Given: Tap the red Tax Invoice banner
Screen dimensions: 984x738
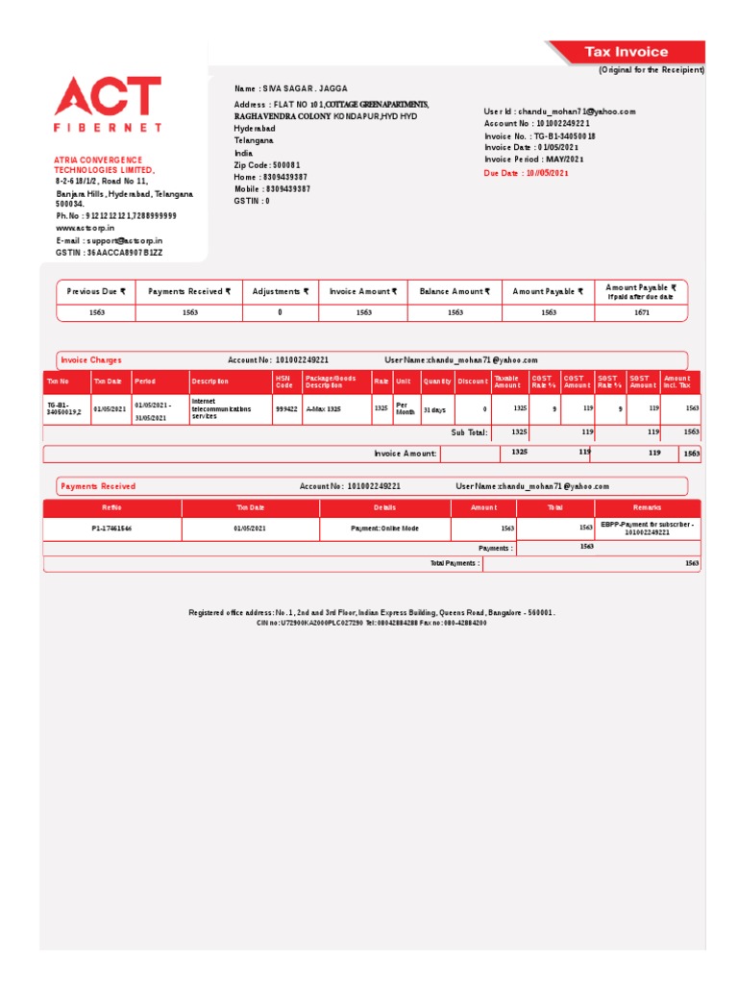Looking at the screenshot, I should click(x=627, y=52).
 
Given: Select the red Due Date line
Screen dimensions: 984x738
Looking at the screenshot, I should click(x=527, y=173).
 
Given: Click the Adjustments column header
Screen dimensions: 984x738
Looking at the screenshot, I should click(x=281, y=291).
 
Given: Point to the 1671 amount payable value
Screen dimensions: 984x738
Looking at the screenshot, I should click(x=641, y=312).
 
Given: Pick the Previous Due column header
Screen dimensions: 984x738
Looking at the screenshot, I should click(x=96, y=291).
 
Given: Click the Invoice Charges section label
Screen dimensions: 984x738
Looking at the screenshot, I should click(x=91, y=359).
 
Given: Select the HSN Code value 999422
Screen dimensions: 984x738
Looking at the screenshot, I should click(x=285, y=408).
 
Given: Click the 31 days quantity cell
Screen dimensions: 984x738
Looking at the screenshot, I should click(x=435, y=408).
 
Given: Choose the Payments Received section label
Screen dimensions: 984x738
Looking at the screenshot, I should click(x=98, y=486).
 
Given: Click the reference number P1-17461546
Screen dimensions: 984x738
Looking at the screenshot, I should click(x=111, y=529).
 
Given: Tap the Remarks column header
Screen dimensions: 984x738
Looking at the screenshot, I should click(x=647, y=507).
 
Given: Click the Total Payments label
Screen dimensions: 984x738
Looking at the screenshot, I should click(x=455, y=563).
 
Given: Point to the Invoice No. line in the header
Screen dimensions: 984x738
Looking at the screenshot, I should click(x=539, y=136).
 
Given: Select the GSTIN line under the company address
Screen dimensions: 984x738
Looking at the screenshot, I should click(x=110, y=252).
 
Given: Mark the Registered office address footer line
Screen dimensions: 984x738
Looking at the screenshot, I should click(x=372, y=612).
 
